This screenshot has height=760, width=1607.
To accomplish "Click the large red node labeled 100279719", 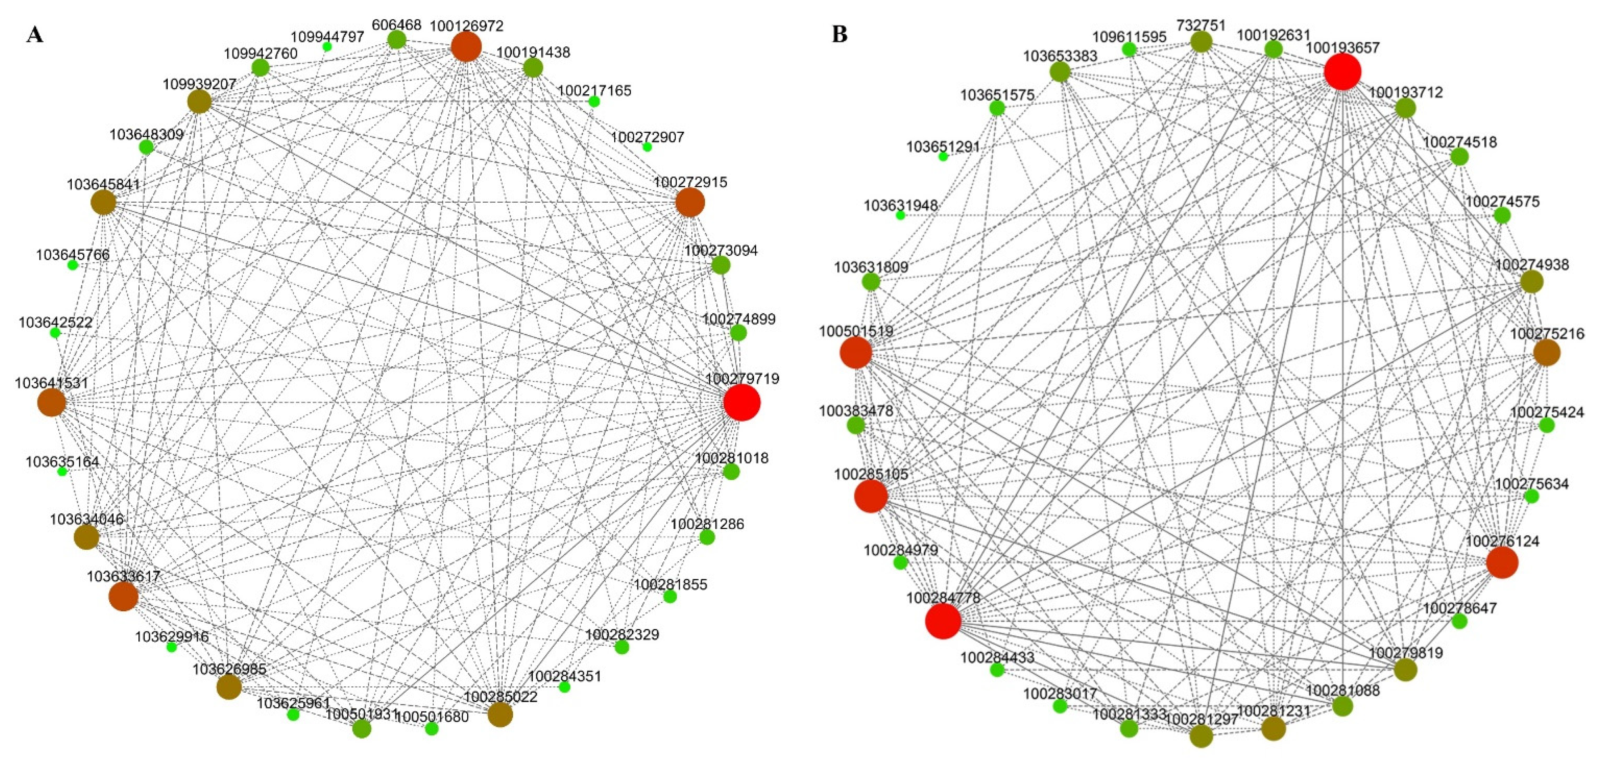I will pyautogui.click(x=742, y=403).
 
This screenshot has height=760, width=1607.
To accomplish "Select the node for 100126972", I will pyautogui.click(x=466, y=47).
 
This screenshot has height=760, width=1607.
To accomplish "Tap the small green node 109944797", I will pyautogui.click(x=327, y=47).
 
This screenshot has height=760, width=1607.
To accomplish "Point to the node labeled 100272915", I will pyautogui.click(x=690, y=203).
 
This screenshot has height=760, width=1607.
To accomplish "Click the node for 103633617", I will pyautogui.click(x=123, y=597).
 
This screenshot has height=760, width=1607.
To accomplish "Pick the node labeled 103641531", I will pyautogui.click(x=52, y=403).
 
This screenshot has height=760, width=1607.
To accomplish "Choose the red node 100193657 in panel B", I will pyautogui.click(x=1342, y=72).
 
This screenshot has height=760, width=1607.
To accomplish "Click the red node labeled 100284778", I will pyautogui.click(x=943, y=622).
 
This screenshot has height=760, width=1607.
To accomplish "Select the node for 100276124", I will pyautogui.click(x=1502, y=563).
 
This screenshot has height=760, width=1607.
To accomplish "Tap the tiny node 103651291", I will pyautogui.click(x=943, y=156).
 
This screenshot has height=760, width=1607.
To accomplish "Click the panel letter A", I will pyautogui.click(x=35, y=35).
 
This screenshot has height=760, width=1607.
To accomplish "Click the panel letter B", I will pyautogui.click(x=840, y=35).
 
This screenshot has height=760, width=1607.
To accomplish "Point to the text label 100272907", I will pyautogui.click(x=647, y=137).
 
